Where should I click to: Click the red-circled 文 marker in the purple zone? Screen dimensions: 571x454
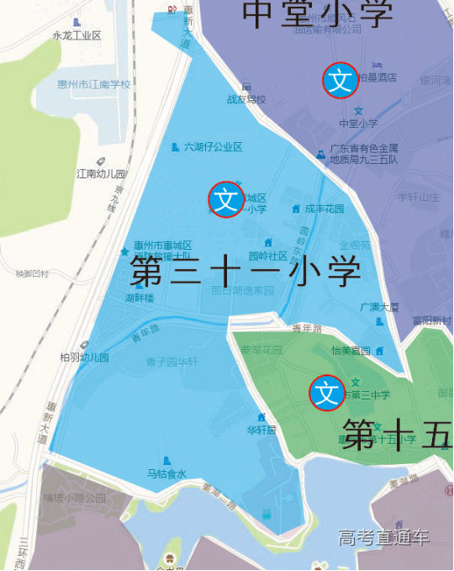coord(340,81)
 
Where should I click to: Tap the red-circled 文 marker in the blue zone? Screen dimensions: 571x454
coord(226,200)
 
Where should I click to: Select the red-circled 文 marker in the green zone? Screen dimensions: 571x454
coord(326,393)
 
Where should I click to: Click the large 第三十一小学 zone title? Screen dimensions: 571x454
coord(245,271)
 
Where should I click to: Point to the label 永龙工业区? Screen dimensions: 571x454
coord(77,35)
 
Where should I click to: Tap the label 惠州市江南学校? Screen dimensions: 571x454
coord(93,84)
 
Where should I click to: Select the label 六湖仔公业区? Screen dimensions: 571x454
coord(213,146)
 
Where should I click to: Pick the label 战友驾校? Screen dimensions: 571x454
coord(245,98)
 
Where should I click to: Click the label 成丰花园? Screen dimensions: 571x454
coord(324,209)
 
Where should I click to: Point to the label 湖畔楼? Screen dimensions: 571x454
coord(140,298)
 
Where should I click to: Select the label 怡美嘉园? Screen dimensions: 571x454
coord(351,350)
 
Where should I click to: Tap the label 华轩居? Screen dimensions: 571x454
coord(261,429)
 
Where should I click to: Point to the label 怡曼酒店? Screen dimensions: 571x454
coord(377,77)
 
